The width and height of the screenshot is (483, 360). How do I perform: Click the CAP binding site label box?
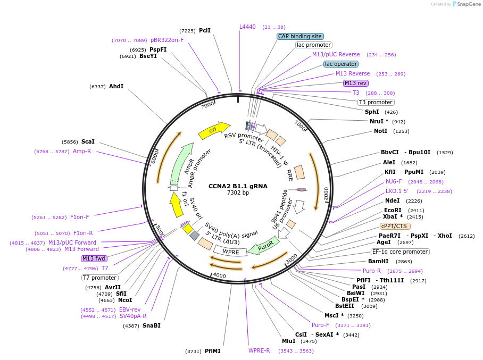pos(300,36)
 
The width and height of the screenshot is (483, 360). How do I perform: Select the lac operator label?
pos(341,64)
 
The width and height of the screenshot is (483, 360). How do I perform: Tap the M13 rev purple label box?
pos(355,83)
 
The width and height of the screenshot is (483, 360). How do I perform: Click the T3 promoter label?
pos(376,102)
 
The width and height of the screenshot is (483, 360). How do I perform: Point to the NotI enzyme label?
pos(380,131)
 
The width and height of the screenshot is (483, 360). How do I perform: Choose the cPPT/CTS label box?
pos(394,226)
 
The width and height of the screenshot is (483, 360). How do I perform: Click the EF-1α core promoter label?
pos(400,252)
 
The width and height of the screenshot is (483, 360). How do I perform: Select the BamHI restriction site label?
pos(378,261)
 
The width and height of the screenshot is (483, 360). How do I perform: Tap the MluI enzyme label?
pos(288,341)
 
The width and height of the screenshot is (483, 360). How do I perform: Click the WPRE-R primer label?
pos(259,350)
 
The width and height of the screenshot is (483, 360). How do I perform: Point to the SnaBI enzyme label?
pos(151,325)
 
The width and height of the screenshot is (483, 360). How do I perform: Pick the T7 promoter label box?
pos(100,278)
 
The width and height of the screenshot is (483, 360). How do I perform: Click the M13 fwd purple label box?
pos(94,259)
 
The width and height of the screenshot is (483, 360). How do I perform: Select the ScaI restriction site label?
pos(88,142)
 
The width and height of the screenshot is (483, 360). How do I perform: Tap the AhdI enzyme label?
pos(116,86)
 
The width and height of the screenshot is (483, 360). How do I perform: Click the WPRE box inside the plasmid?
pos(231,252)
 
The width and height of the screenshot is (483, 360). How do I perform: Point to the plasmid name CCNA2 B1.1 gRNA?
pos(238,186)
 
